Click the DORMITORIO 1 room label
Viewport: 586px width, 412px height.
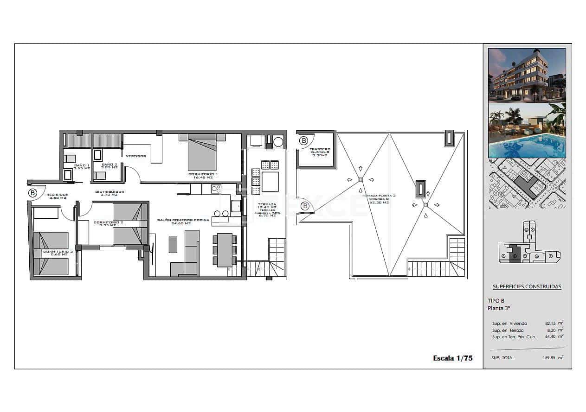(203, 175)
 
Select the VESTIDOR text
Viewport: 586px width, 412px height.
(136, 156)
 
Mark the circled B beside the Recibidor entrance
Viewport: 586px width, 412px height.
(32, 193)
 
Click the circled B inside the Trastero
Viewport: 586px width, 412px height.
(303, 140)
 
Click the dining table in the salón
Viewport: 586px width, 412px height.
(225, 250)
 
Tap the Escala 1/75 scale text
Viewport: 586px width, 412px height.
(452, 358)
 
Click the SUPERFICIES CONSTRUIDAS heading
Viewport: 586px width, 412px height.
(527, 286)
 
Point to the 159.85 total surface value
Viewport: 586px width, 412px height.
(549, 358)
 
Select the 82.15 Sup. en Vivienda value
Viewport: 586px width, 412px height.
(550, 323)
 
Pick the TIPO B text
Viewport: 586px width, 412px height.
(496, 300)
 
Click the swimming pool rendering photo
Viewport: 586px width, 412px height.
(527, 131)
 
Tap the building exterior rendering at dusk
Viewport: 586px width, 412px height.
(527, 75)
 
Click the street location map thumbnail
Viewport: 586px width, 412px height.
(527, 184)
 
